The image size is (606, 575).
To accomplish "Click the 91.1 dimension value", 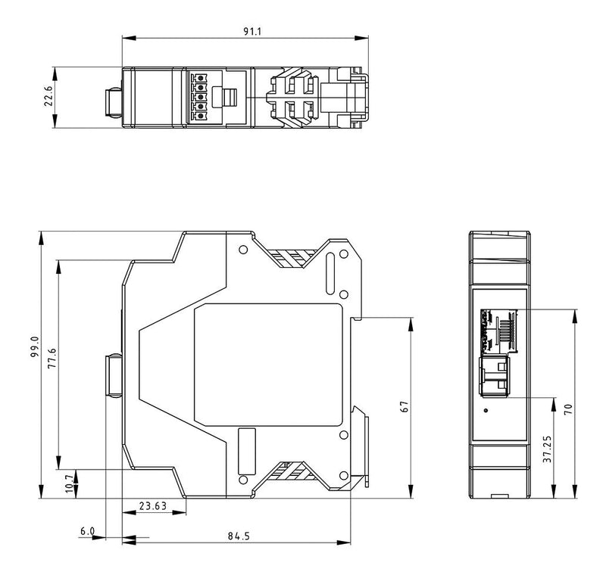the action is (x=252, y=31).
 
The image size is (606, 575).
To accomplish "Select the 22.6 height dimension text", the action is (x=48, y=96).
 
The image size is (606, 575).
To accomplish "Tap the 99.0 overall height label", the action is (x=34, y=347).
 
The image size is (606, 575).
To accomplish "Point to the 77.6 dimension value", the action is (x=52, y=358).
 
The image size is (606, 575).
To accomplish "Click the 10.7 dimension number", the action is (x=70, y=483).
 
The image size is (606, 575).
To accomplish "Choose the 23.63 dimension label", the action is (x=153, y=505).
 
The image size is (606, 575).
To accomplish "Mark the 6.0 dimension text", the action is (x=87, y=531).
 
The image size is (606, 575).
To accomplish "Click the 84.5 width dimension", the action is (x=239, y=536).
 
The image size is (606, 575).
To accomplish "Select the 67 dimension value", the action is (x=405, y=407).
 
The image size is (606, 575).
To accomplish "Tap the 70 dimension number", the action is (x=567, y=409).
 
